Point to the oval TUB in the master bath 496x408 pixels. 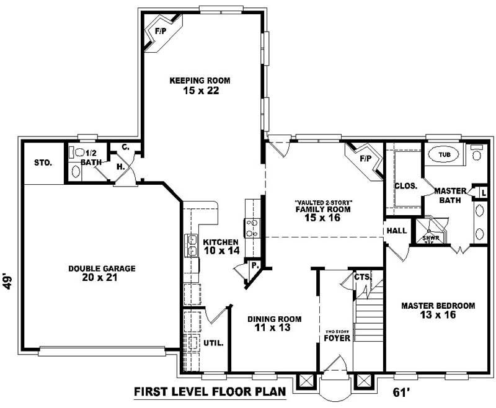[445, 154]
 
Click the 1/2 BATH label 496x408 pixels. [91, 157]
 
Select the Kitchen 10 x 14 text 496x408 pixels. [221, 246]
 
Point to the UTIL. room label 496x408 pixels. [213, 343]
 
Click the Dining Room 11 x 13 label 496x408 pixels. [274, 323]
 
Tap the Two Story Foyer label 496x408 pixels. [337, 335]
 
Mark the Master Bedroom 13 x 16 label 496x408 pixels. [438, 310]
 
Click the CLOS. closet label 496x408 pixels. [405, 185]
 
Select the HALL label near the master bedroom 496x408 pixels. [396, 231]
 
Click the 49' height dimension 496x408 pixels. [8, 282]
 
